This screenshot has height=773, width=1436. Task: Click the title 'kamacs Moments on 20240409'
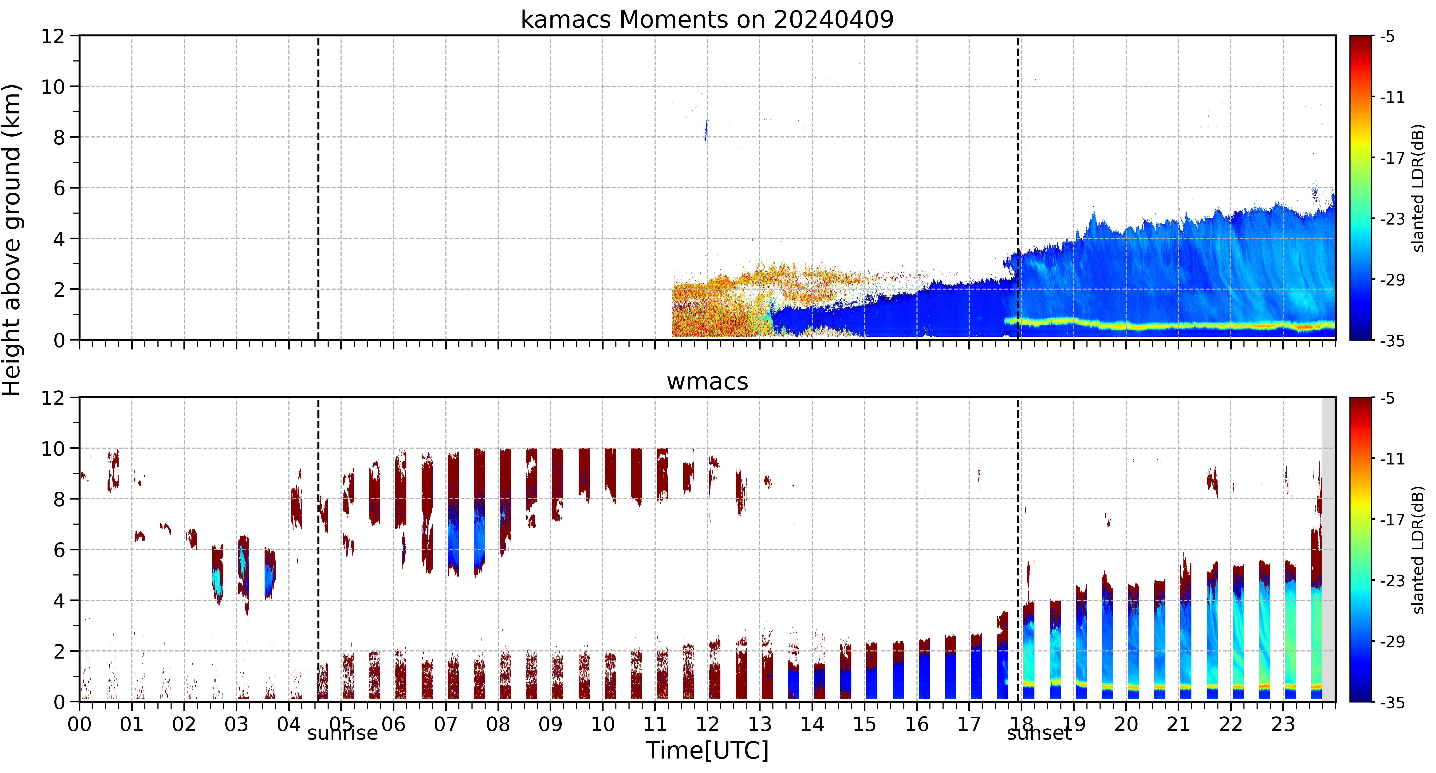[x=707, y=19]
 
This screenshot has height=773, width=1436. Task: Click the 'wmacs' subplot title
[x=707, y=381]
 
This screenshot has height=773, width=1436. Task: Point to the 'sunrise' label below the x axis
[x=342, y=733]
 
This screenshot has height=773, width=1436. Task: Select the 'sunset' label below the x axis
[x=1039, y=733]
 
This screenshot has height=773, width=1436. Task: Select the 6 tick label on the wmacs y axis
[x=59, y=550]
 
